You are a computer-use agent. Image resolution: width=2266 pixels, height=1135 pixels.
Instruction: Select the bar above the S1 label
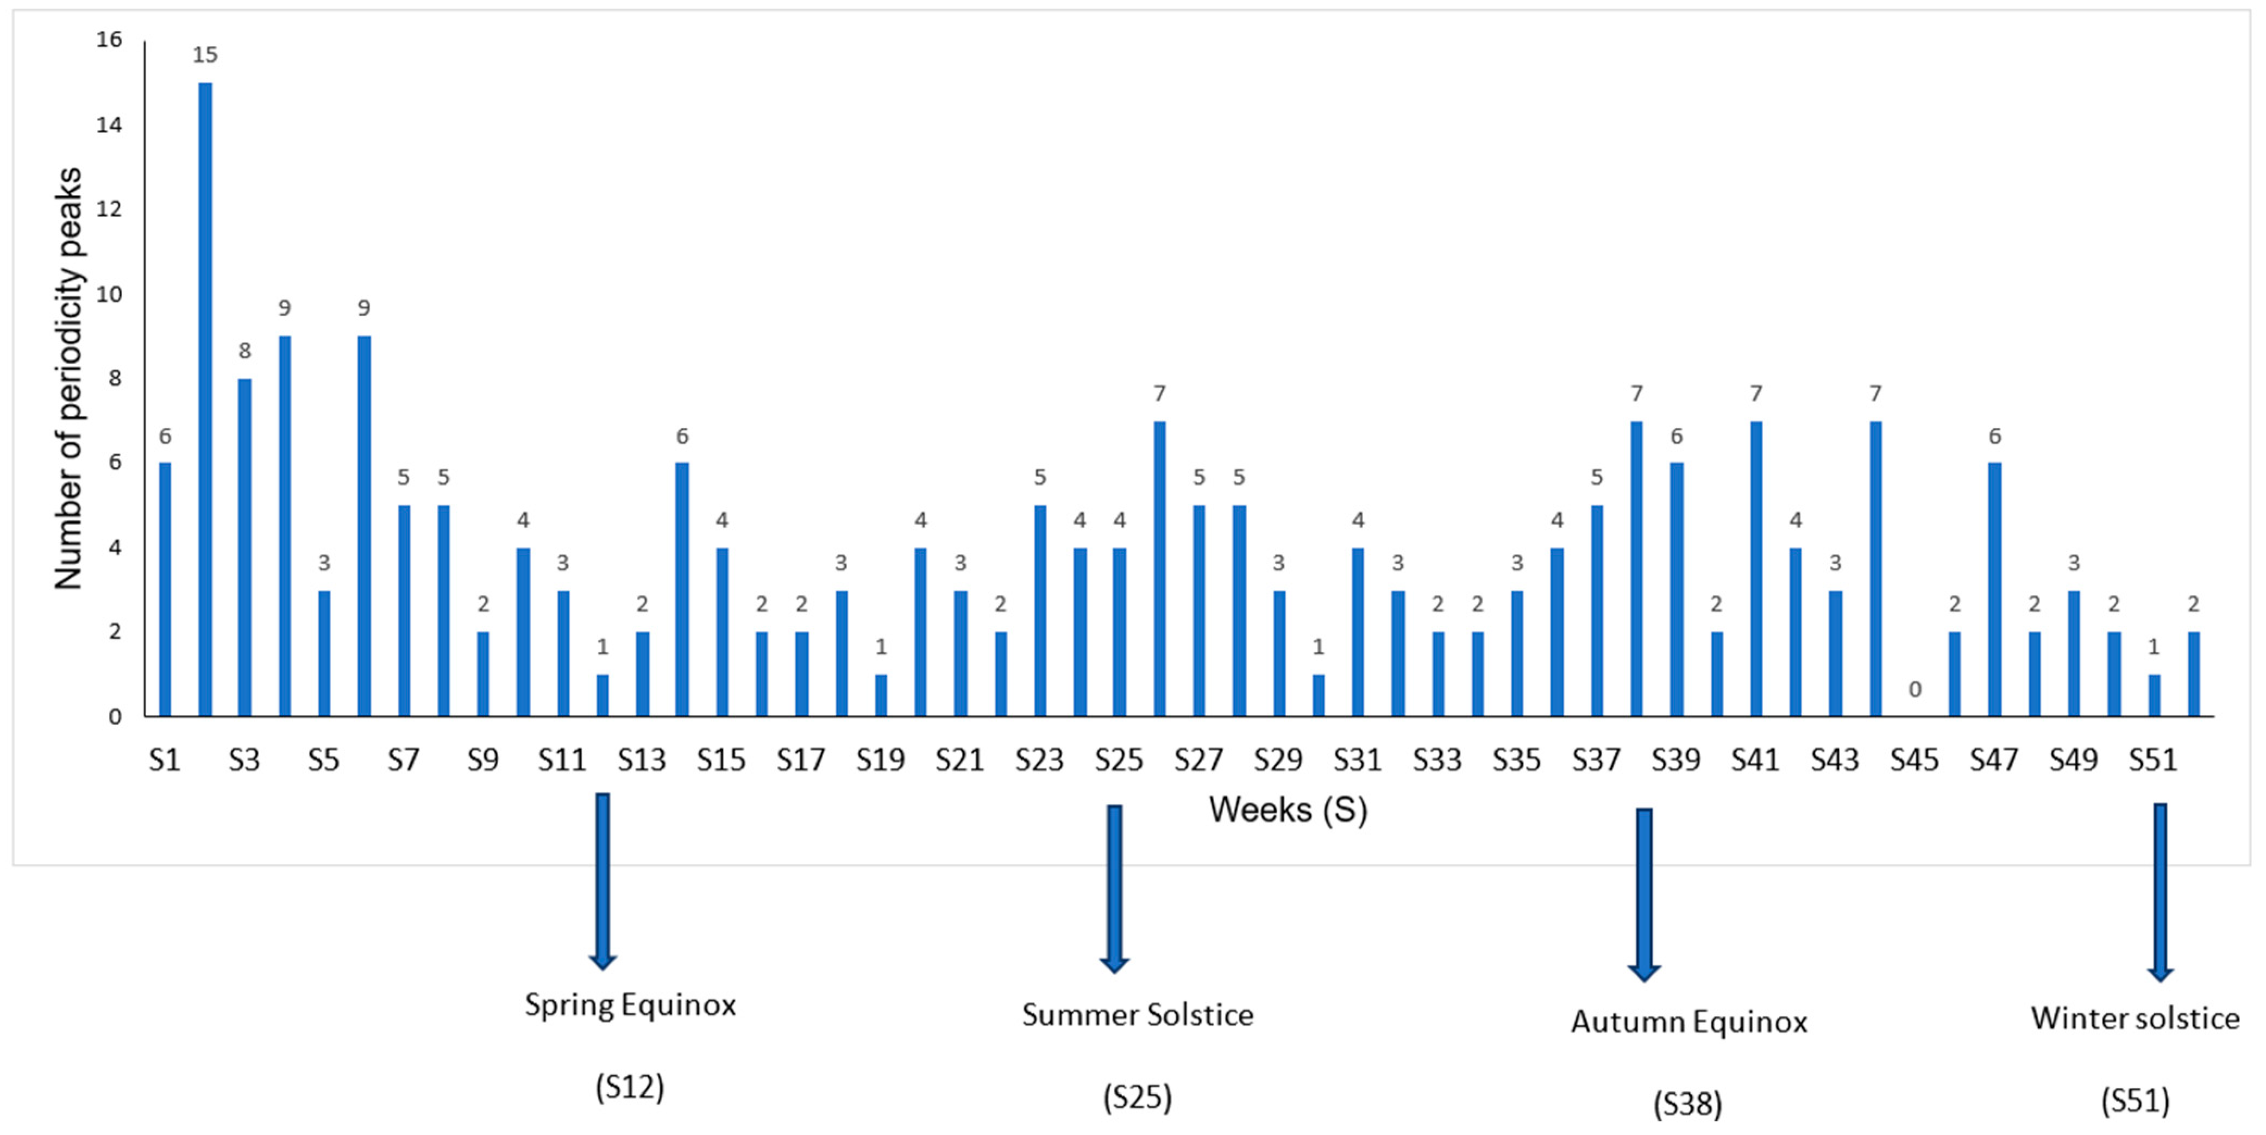coord(165,589)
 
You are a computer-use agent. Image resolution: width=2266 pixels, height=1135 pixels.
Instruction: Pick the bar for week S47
coord(1994,589)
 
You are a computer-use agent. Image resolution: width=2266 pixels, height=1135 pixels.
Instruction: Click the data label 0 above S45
coord(1914,690)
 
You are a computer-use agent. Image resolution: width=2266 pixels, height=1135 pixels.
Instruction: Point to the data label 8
coord(244,351)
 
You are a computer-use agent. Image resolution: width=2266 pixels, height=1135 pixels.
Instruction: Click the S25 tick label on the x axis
coord(1119,759)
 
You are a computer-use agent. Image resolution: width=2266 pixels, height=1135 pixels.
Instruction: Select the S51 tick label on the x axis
coord(2152,759)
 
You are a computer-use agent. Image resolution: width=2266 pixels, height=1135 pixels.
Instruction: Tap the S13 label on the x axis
coord(641,759)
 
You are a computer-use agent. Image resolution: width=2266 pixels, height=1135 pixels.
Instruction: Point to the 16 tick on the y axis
coord(109,40)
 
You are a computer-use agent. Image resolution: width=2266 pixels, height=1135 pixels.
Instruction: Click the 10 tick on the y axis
coord(109,294)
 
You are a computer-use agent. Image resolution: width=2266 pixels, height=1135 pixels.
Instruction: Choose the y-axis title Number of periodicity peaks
coord(68,378)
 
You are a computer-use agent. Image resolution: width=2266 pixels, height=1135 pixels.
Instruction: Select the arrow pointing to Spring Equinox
coord(602,880)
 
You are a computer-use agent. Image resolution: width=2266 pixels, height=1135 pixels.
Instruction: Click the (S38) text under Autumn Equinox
coord(1687,1103)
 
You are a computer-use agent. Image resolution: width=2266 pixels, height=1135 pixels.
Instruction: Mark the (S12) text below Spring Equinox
coord(630,1088)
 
